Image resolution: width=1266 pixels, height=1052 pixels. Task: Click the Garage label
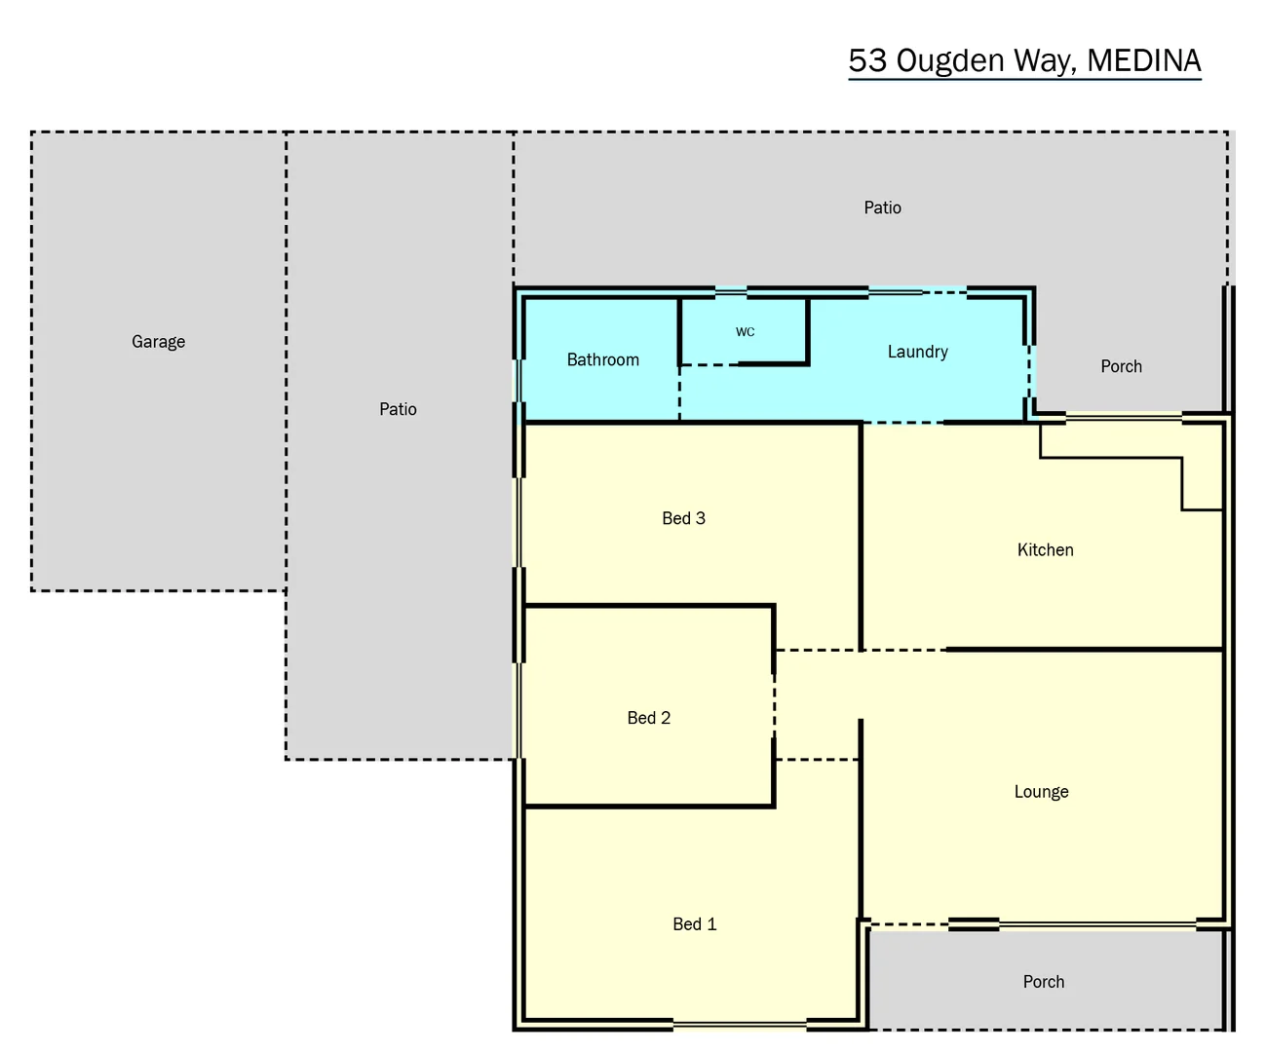pyautogui.click(x=158, y=342)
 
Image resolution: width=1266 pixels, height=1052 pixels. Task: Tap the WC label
pyautogui.click(x=745, y=332)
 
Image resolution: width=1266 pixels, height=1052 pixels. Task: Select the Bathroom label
pyautogui.click(x=602, y=360)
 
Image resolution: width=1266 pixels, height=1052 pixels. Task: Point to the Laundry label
pyautogui.click(x=917, y=352)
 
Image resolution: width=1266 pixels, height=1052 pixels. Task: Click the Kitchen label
pyautogui.click(x=1045, y=550)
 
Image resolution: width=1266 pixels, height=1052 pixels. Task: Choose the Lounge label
pyautogui.click(x=1041, y=792)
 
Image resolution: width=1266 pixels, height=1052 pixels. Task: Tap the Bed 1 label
pyautogui.click(x=694, y=924)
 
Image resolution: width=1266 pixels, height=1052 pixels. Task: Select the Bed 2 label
pyautogui.click(x=648, y=718)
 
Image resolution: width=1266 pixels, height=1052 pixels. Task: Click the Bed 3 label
pyautogui.click(x=683, y=518)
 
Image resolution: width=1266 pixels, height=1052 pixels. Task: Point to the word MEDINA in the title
pyautogui.click(x=1143, y=60)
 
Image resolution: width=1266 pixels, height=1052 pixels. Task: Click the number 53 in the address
pyautogui.click(x=867, y=60)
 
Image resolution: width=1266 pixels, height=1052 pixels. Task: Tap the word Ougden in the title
pyautogui.click(x=949, y=60)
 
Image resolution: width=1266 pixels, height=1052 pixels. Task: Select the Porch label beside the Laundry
pyautogui.click(x=1121, y=367)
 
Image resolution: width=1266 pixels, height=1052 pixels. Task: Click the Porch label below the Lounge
pyautogui.click(x=1043, y=982)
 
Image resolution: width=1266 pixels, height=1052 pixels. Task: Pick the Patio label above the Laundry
pyautogui.click(x=882, y=207)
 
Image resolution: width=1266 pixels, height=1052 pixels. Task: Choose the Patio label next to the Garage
pyautogui.click(x=398, y=409)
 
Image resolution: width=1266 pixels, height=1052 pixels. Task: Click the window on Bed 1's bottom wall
pyautogui.click(x=739, y=1024)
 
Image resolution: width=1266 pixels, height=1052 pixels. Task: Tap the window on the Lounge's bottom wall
pyautogui.click(x=1097, y=923)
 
